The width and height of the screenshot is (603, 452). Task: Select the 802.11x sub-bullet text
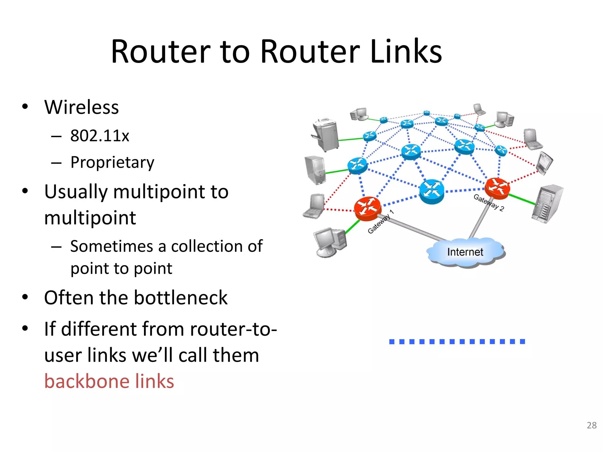100,136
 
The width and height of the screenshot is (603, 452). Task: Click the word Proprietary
112,162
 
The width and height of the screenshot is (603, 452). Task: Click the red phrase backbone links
109,381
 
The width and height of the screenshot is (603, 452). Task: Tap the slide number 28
592,425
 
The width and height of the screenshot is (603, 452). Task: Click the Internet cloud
465,252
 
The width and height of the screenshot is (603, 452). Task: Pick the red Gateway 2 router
497,188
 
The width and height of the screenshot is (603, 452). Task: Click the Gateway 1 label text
380,222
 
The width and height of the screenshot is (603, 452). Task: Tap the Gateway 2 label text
489,202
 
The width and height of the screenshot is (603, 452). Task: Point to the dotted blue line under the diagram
457,341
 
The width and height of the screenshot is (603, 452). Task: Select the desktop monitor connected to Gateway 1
330,242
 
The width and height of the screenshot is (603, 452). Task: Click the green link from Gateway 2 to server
522,199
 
